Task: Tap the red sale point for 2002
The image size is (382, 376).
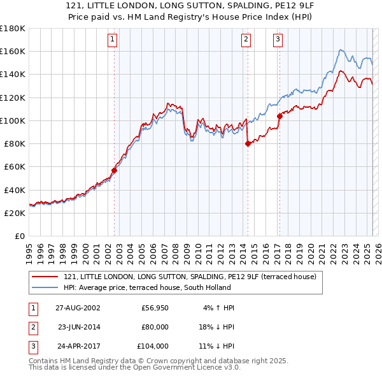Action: pos(115,170)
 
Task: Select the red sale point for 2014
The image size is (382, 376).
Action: pos(248,143)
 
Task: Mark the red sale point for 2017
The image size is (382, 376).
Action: pos(279,116)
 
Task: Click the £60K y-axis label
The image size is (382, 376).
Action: pos(15,166)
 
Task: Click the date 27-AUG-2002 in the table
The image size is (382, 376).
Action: pos(78,308)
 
